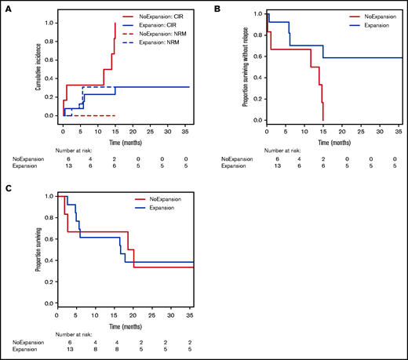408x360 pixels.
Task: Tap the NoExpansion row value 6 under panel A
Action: [64, 158]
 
